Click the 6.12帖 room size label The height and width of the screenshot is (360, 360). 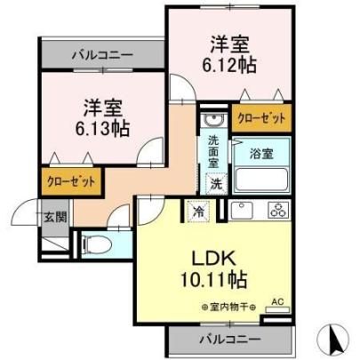point(229,65)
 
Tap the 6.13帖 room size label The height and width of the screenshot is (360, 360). point(102,128)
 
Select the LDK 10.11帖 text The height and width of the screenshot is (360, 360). point(214,268)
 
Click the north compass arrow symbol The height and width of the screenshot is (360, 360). point(336,340)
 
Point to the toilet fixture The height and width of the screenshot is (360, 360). point(97,245)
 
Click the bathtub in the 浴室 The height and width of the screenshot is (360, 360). point(261,180)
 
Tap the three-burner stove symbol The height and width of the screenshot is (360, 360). point(279,210)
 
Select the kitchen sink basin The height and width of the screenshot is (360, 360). point(242,210)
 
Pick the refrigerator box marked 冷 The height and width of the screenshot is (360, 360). point(198,211)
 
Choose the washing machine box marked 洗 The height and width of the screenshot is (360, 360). point(217,184)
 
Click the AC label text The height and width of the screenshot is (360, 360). point(277,302)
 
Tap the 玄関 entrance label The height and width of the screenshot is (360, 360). point(55,217)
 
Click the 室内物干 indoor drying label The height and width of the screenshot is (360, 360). point(228,308)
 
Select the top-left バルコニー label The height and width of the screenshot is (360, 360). point(103,55)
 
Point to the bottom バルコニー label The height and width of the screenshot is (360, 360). point(230,339)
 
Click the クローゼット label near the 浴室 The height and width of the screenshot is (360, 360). point(261,118)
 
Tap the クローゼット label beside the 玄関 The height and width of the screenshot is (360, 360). point(71,181)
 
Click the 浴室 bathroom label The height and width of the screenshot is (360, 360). point(261,154)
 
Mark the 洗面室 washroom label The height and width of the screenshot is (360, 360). point(213,151)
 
